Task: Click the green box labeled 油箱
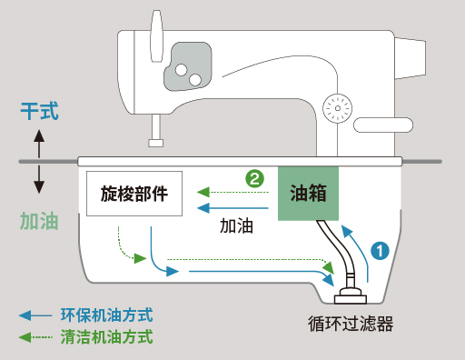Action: pos(308,194)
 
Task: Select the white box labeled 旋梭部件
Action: pos(134,194)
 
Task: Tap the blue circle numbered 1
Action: pos(380,251)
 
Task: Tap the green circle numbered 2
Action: pos(254,178)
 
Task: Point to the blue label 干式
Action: pos(39,111)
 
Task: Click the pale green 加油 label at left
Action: pos(39,221)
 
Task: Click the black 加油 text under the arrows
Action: pos(236,225)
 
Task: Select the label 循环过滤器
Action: pos(351,324)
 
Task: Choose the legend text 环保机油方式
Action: pos(107,315)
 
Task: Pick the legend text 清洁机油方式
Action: pos(107,337)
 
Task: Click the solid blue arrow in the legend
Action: pos(35,315)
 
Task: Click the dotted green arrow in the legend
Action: pos(35,337)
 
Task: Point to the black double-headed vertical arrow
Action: pos(39,161)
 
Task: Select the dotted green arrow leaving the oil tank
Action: pos(232,192)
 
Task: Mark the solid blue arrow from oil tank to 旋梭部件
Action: pos(232,208)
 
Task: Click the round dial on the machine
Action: pos(338,108)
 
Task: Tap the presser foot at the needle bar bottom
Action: pos(156,143)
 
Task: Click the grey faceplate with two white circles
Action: pos(188,66)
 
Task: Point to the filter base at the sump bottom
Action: pos(351,297)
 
